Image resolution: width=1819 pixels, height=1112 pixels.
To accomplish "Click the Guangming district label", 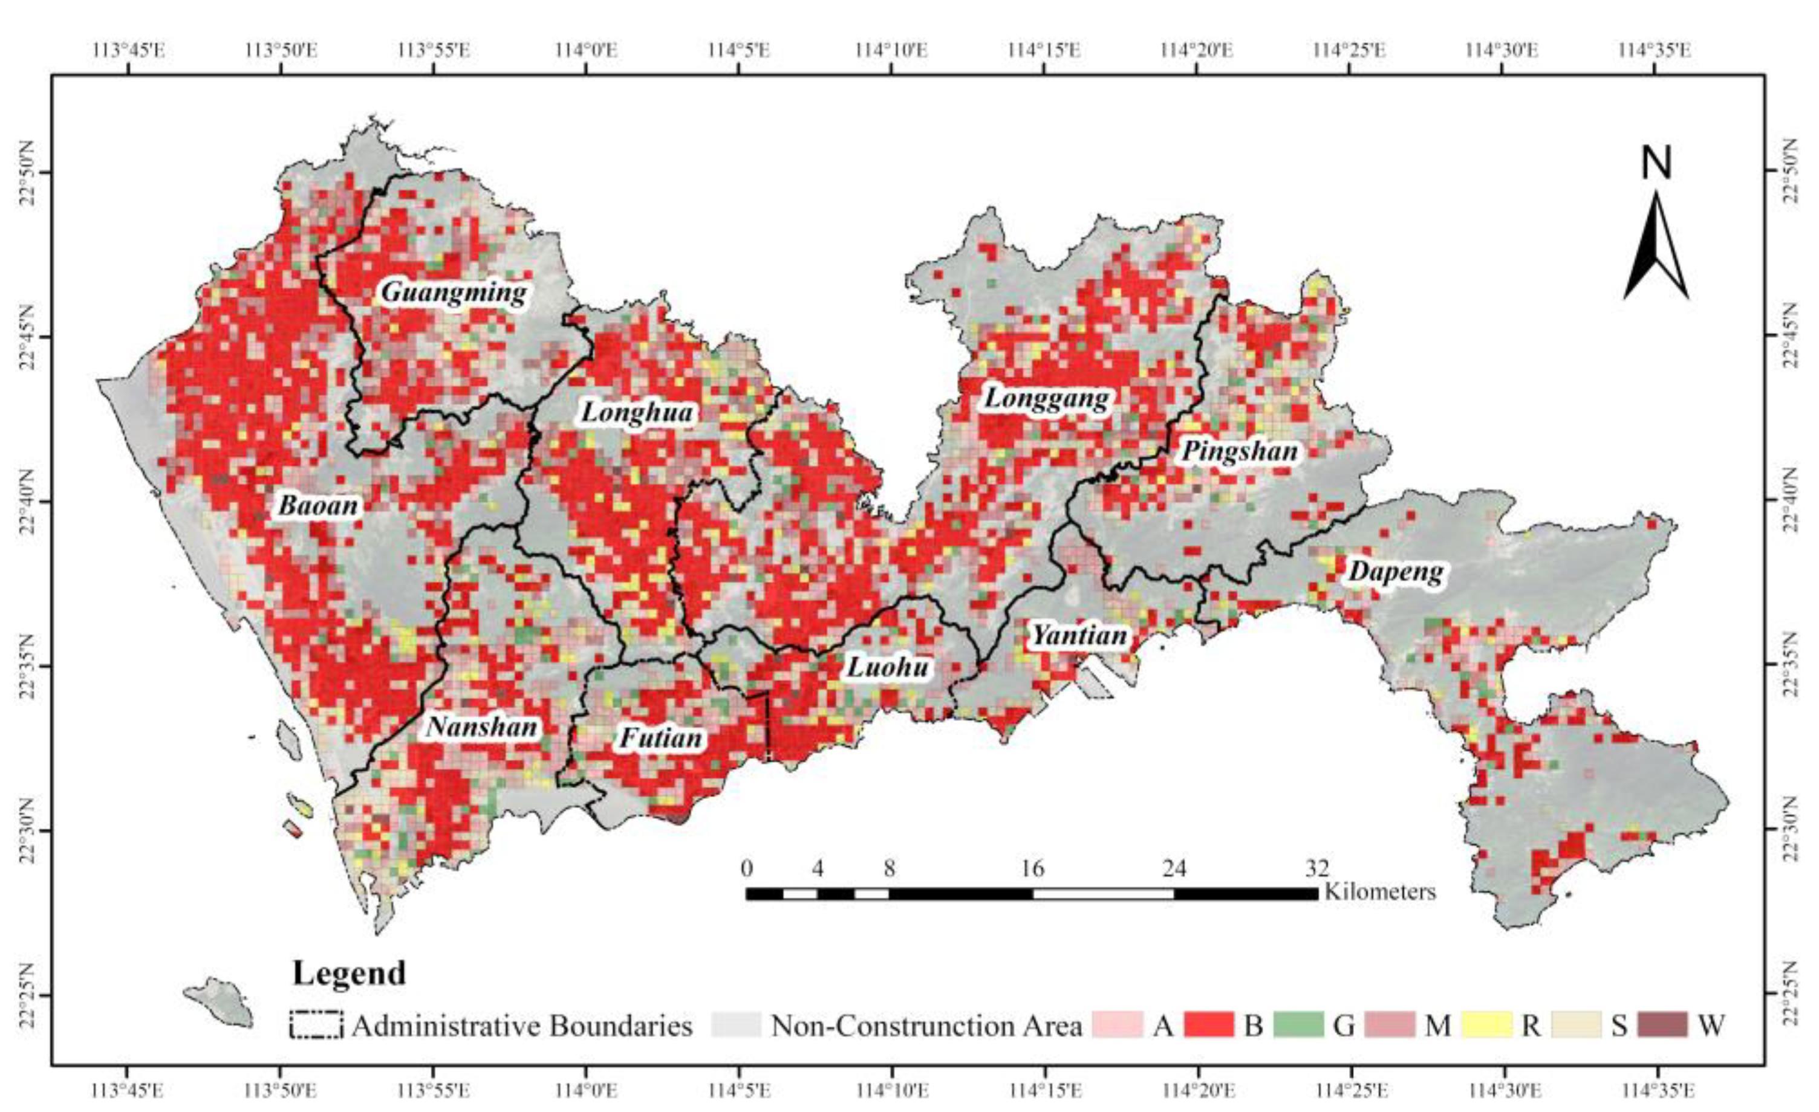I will [x=454, y=293].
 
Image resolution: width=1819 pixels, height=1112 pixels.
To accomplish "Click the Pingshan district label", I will [x=1240, y=451].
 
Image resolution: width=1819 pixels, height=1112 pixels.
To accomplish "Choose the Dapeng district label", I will [x=1395, y=572].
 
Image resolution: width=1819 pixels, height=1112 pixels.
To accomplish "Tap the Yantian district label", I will [x=1079, y=635].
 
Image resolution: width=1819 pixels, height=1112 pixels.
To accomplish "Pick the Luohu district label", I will [x=888, y=667].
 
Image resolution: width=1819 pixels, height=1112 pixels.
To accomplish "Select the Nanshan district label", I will [x=482, y=728].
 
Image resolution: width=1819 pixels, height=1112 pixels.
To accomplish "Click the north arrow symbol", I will [x=1656, y=244].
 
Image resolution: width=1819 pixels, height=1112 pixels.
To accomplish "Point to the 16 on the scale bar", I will [x=1032, y=868].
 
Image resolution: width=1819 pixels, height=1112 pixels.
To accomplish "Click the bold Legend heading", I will [x=349, y=973].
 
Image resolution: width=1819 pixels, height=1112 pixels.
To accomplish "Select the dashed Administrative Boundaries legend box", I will [x=316, y=1025].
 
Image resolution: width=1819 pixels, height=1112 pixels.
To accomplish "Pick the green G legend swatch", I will [x=1300, y=1025].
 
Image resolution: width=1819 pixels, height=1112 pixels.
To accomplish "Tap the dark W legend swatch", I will [x=1662, y=1025].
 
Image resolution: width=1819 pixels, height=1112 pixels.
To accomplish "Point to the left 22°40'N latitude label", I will [x=27, y=500].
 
